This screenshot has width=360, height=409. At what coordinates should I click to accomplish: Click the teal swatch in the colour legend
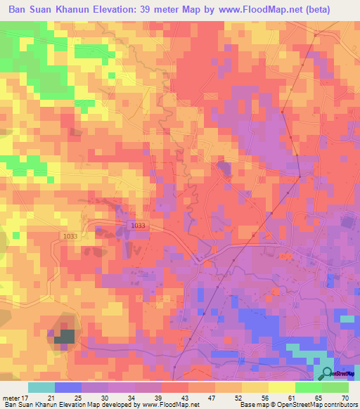(x=41, y=387)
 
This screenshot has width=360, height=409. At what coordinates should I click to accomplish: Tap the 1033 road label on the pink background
(x=139, y=225)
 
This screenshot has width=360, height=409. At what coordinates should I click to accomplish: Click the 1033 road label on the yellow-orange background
(x=70, y=236)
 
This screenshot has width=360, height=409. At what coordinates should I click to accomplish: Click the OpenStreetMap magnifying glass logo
(x=327, y=372)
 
